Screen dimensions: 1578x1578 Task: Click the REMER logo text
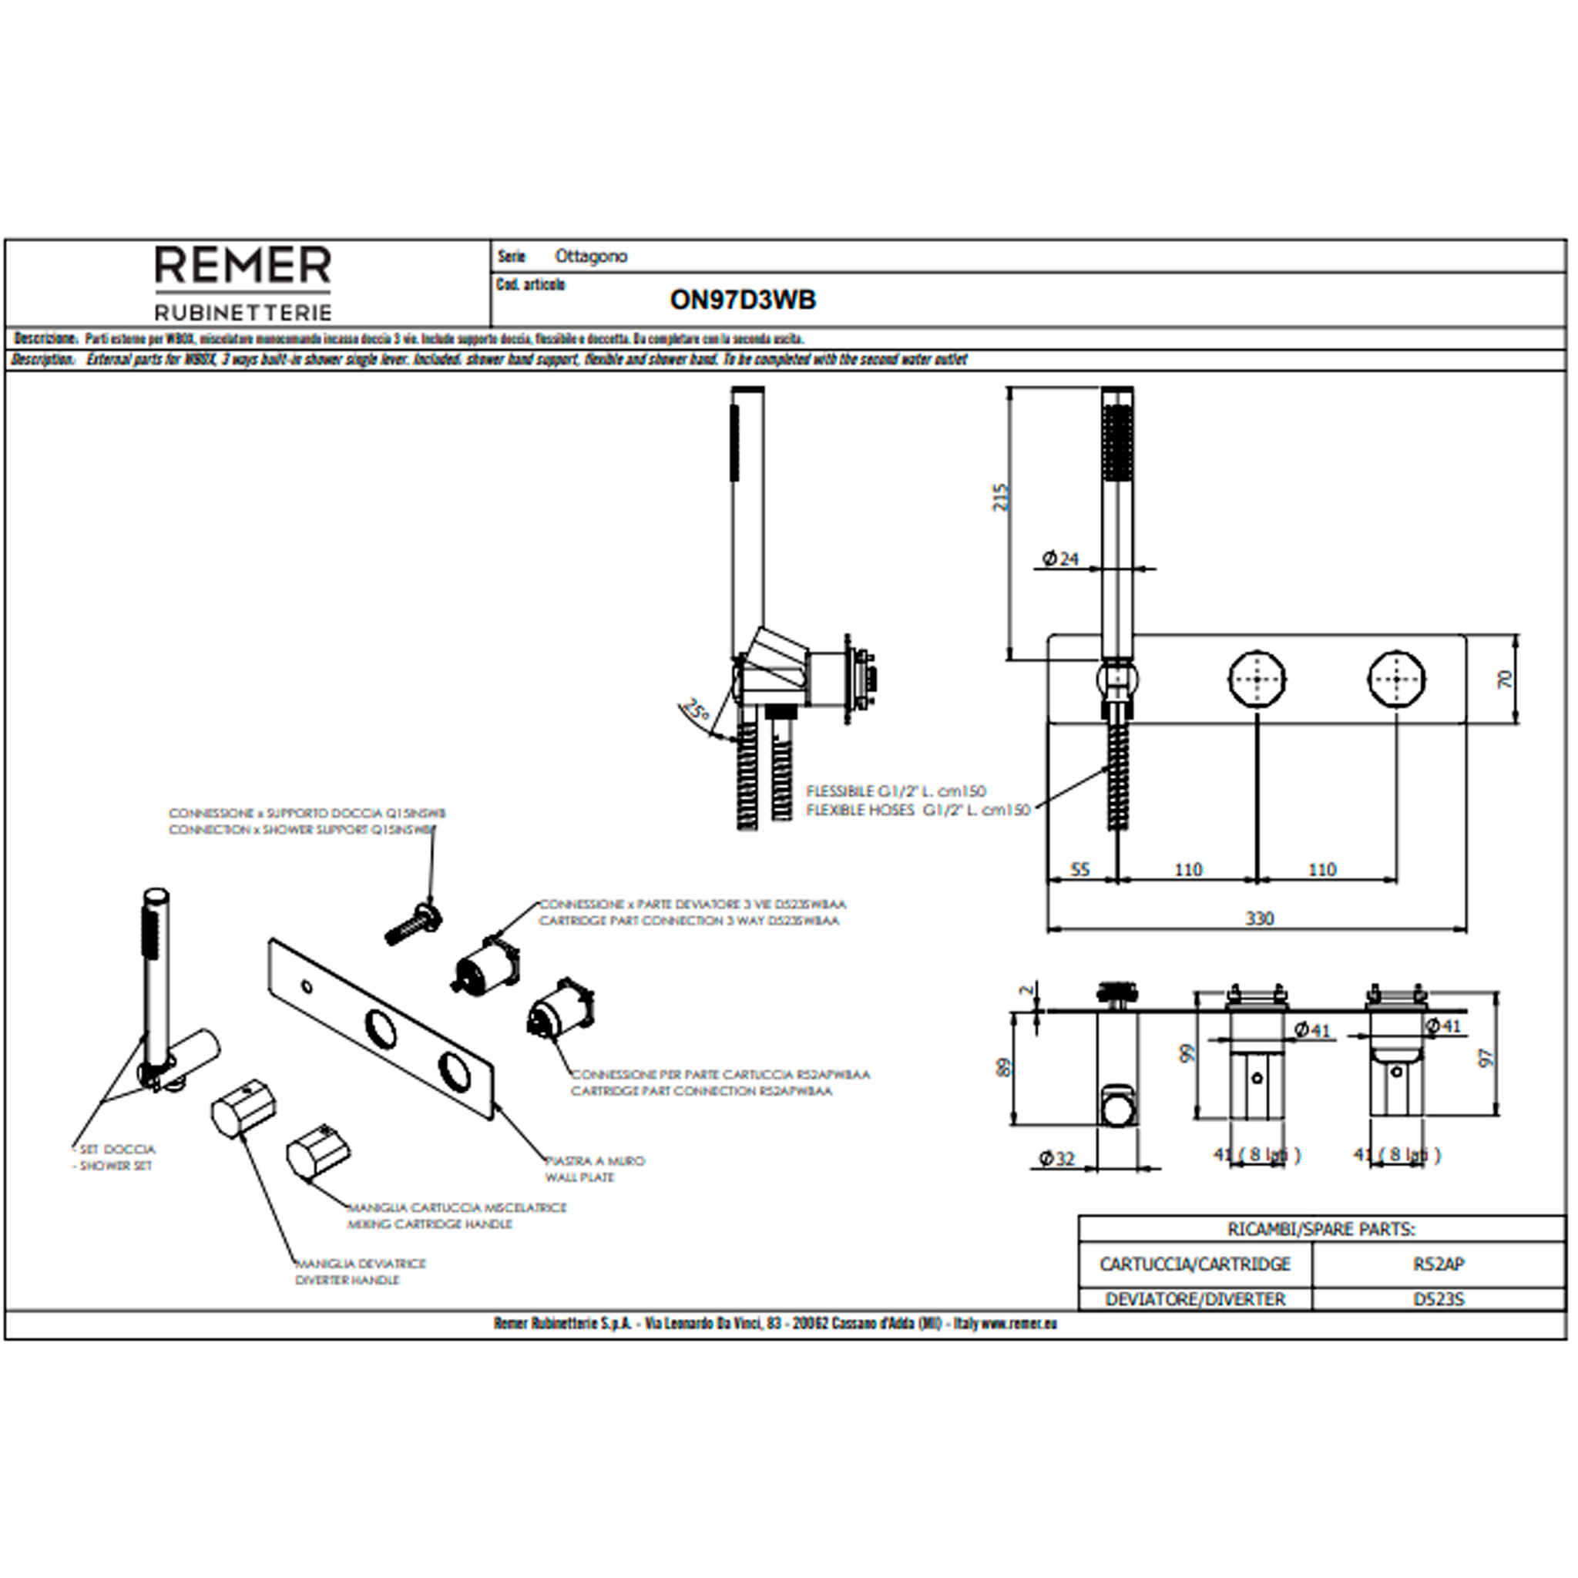(243, 267)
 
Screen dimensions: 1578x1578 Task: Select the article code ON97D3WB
(743, 300)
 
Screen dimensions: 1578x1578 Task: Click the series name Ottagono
(590, 257)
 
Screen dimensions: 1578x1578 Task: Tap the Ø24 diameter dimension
(1060, 559)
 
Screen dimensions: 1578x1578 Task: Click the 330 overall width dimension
(1259, 919)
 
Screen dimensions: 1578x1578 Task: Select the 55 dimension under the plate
(1079, 870)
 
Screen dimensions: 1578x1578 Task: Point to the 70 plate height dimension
(1505, 679)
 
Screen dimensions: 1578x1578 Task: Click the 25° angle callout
(696, 710)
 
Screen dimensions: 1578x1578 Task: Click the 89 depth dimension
(1004, 1066)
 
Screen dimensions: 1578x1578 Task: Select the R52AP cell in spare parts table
(1439, 1264)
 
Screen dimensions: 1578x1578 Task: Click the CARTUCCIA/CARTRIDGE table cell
(1194, 1264)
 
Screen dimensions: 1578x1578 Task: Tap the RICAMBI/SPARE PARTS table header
(1321, 1229)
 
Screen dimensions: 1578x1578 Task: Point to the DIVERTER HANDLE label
(347, 1280)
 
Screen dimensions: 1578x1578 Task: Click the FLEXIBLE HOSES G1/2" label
(917, 811)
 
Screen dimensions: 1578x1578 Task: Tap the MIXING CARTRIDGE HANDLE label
(430, 1224)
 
